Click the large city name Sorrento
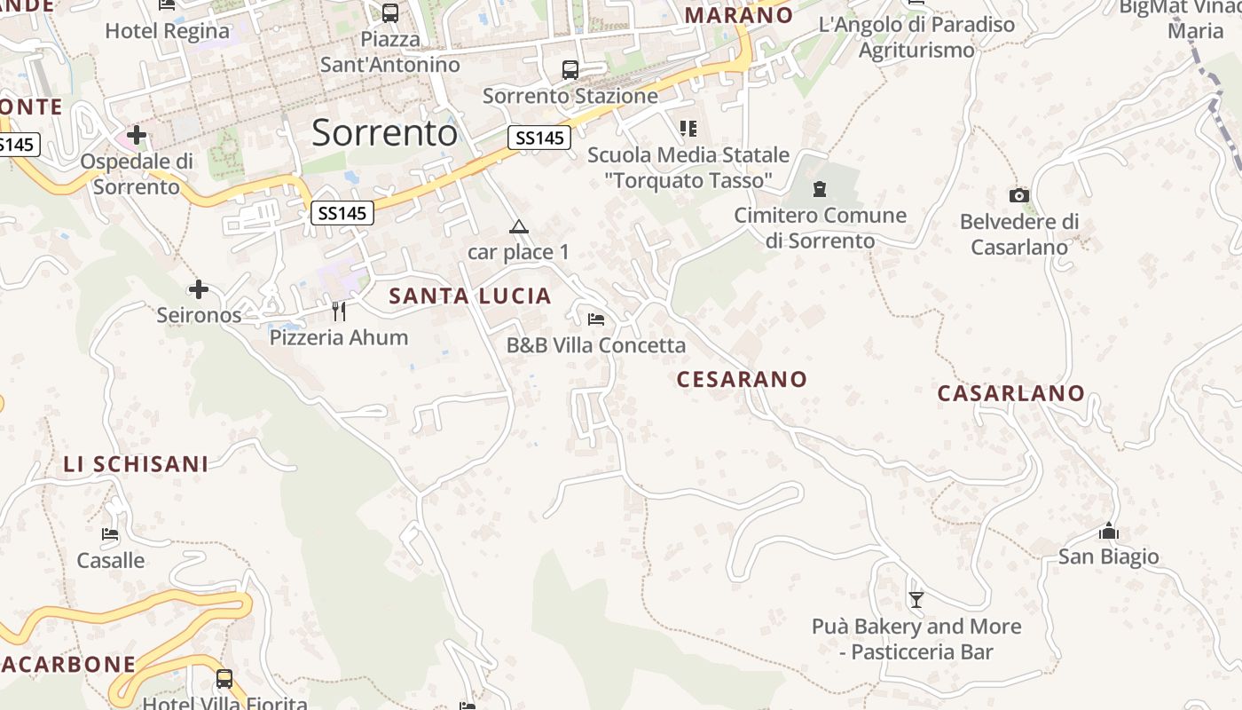384,133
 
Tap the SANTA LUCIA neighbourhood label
470,296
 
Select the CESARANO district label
742,380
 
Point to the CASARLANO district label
1011,393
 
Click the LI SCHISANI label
136,464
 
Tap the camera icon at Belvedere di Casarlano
1018,195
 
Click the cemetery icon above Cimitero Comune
819,189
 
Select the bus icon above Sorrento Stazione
570,69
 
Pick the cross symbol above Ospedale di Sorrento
136,135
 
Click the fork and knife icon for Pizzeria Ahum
338,311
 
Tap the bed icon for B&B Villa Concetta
596,319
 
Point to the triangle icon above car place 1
519,226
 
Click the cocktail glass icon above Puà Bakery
916,601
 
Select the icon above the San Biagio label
1108,532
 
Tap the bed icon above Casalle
110,534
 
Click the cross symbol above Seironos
199,289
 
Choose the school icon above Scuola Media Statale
688,129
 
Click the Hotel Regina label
167,31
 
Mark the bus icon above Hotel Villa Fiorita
224,679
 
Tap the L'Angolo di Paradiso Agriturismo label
916,37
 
